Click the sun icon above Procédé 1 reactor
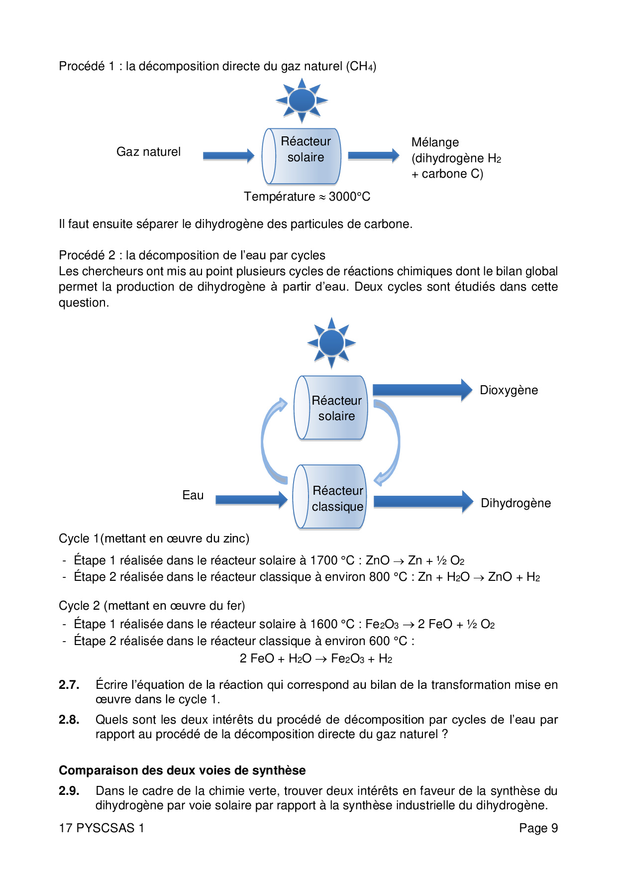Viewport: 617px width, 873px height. point(302,100)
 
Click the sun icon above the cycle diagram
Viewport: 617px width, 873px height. point(331,343)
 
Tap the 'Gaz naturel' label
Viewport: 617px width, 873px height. point(148,152)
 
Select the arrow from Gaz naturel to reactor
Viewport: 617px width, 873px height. point(228,156)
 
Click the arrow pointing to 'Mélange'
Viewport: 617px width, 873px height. point(373,156)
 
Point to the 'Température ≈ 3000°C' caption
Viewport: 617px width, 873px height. point(307,197)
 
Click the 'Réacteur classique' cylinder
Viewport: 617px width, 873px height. point(330,497)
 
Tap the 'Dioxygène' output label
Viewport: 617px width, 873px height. point(509,390)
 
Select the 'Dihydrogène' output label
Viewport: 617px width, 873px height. point(515,503)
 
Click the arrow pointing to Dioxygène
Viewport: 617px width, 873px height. point(422,390)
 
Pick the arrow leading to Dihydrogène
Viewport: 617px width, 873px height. point(423,502)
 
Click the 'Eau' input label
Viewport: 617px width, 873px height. point(193,495)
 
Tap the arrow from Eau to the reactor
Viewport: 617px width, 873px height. point(251,500)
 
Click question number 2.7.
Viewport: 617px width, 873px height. point(69,685)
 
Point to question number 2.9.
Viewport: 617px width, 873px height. point(69,791)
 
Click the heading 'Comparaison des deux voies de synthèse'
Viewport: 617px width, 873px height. point(182,770)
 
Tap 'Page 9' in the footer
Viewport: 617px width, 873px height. point(538,828)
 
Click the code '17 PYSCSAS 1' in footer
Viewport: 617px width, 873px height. point(102,828)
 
